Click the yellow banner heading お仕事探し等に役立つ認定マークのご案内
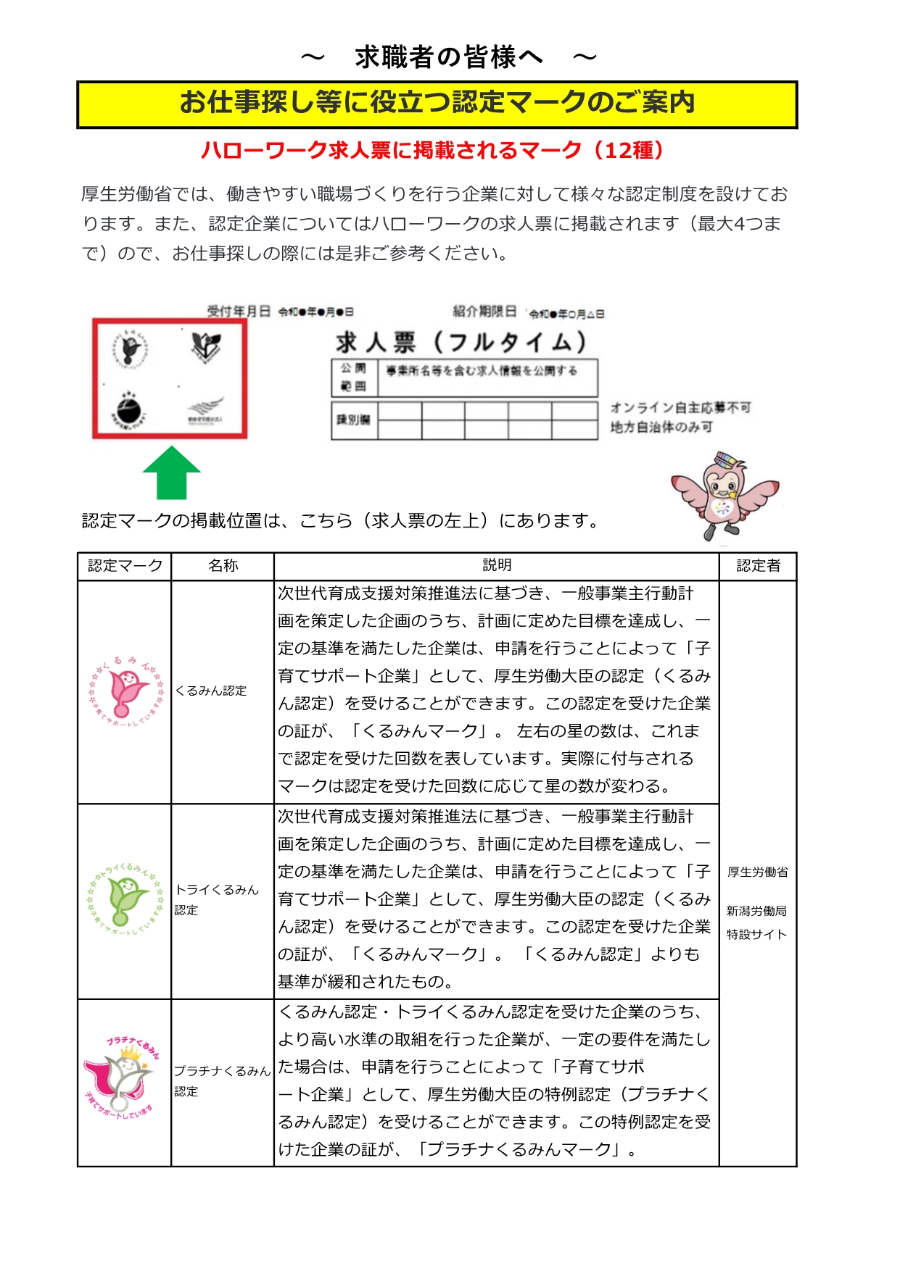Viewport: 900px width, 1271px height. tap(437, 104)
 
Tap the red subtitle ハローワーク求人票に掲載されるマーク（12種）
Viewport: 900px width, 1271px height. tap(433, 150)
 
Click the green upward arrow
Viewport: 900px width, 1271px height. tap(172, 472)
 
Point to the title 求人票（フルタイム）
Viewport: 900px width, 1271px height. tap(461, 341)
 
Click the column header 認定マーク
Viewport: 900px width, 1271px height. tap(125, 566)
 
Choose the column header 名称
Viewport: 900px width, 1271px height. tap(223, 566)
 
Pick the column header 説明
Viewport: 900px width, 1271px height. tap(497, 565)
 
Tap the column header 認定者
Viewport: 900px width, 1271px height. tap(758, 566)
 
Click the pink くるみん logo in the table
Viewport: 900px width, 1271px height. tap(125, 692)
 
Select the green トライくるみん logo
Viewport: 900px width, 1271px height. tap(125, 899)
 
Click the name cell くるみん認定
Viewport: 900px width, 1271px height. tap(211, 691)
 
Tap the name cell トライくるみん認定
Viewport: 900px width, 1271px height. tap(216, 899)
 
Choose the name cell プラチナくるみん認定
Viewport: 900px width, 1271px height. tap(221, 1080)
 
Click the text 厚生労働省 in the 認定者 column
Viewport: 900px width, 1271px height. tap(758, 872)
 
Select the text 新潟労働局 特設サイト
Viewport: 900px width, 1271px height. tap(757, 922)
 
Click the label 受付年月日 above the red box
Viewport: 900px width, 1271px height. tap(239, 312)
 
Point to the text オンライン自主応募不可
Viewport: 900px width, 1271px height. tap(680, 408)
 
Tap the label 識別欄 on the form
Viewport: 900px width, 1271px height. tap(354, 420)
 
